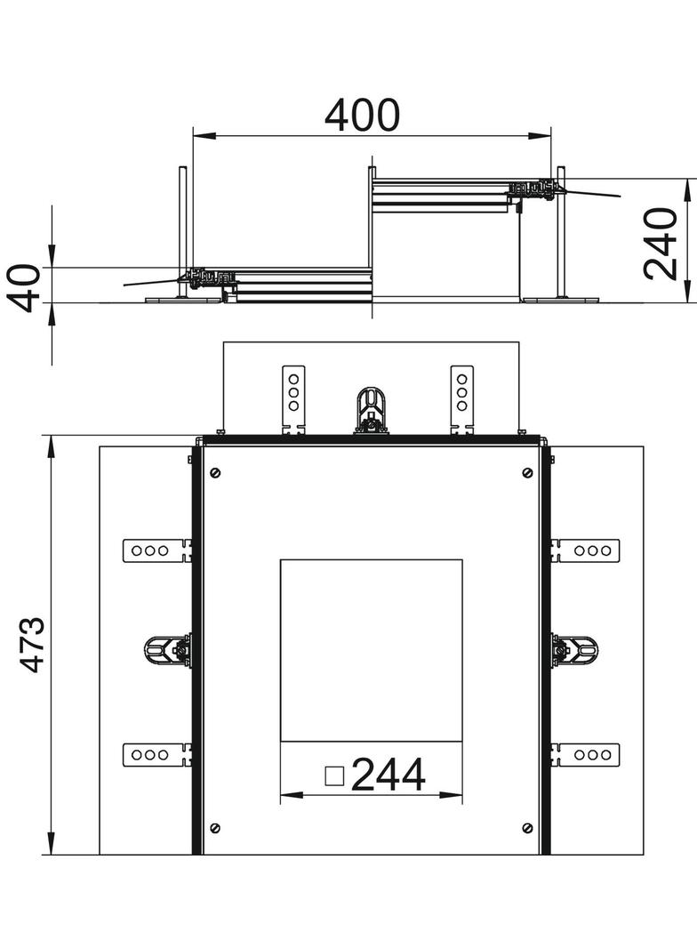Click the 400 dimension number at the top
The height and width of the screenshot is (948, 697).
(362, 115)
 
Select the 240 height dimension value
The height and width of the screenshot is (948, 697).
(661, 244)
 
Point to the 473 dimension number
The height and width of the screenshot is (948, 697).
(31, 645)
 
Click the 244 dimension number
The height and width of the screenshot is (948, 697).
(389, 775)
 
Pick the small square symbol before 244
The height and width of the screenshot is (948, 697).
(334, 775)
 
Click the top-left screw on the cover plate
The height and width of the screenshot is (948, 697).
(215, 472)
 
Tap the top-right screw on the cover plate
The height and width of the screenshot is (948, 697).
(527, 472)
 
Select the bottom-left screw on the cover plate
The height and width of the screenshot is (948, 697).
(215, 828)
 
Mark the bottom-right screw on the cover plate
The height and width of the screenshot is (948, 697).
(527, 828)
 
